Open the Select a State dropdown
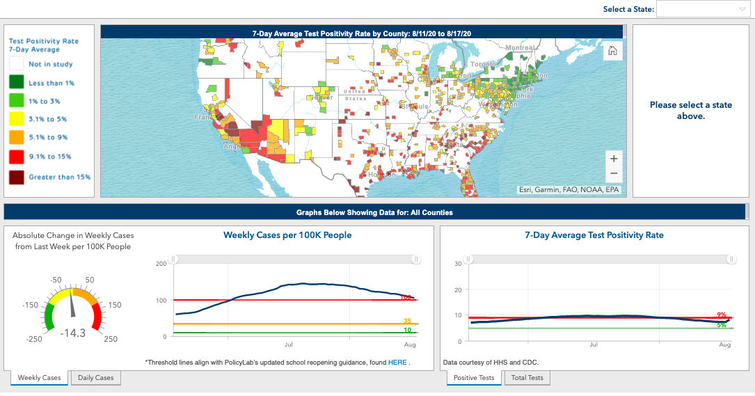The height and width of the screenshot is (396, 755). [x=702, y=9]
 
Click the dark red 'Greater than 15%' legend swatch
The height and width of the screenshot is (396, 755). [x=17, y=177]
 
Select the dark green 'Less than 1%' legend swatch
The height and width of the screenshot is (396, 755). [x=17, y=83]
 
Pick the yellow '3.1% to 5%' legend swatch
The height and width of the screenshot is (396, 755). [x=17, y=119]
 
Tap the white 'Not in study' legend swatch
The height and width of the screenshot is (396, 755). [x=17, y=64]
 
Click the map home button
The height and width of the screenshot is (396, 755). [x=612, y=51]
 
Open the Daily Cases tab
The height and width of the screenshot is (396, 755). [x=96, y=377]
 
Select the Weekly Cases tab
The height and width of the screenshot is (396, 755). [x=39, y=377]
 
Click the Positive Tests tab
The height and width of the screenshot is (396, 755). [x=474, y=377]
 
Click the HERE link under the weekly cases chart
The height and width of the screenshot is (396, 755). [x=397, y=362]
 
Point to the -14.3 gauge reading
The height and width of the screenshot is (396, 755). [x=72, y=333]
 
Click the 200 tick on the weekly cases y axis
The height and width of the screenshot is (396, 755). [x=161, y=264]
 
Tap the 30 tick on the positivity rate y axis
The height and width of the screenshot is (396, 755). [x=458, y=264]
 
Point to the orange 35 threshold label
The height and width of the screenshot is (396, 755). [x=407, y=321]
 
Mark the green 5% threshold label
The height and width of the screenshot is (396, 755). [x=722, y=325]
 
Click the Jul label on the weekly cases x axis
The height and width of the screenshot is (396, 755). [x=288, y=344]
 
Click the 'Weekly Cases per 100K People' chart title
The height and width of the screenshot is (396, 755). [x=287, y=235]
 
